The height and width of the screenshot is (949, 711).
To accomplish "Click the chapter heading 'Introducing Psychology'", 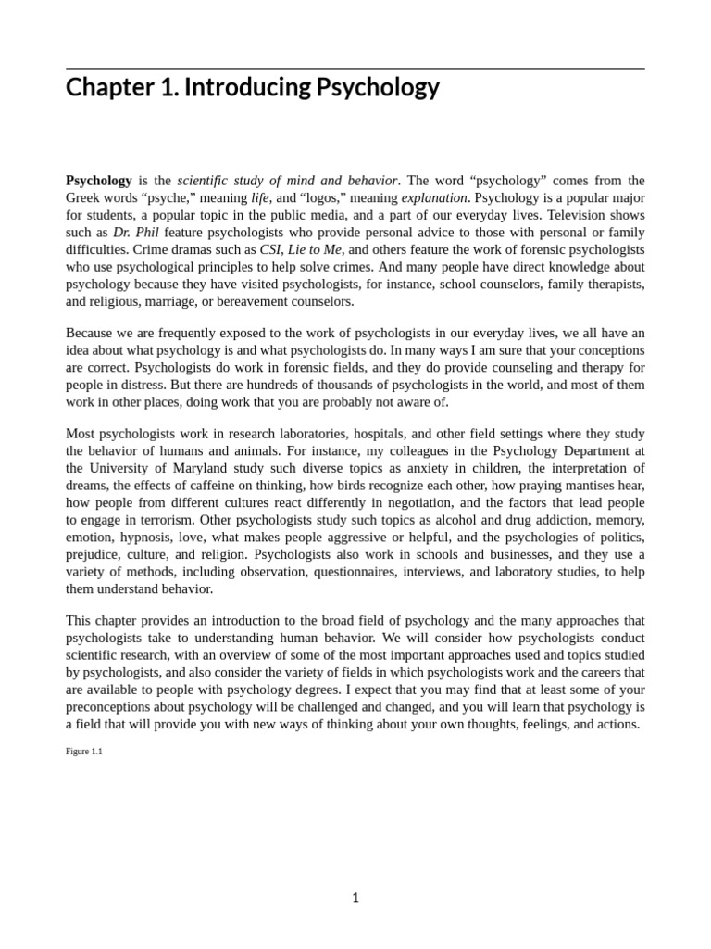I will click(x=253, y=88).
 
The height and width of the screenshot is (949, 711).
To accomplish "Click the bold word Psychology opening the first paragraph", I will click(x=99, y=181).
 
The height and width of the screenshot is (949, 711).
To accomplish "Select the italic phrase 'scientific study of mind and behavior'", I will click(x=287, y=181).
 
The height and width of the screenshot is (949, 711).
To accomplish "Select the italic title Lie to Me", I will click(x=315, y=250).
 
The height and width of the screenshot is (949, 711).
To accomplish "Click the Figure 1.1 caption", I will click(x=84, y=752).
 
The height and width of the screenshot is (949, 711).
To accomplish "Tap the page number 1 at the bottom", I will click(x=355, y=897).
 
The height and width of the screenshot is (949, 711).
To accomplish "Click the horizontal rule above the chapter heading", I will click(x=355, y=69).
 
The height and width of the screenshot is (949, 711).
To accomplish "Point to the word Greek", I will click(x=84, y=198).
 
